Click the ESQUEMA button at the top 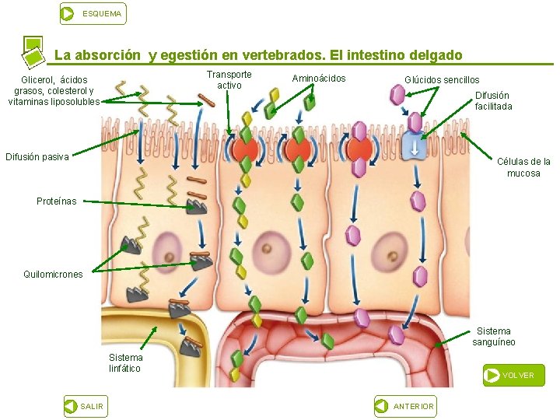[93, 13]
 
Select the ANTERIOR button [405, 406]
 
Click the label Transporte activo [229, 79]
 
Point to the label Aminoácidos [319, 79]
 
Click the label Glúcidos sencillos [442, 79]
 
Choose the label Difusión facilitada [493, 101]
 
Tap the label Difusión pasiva [37, 157]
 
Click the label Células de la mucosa [523, 167]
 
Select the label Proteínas [57, 201]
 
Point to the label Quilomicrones [53, 275]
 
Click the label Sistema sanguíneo [494, 337]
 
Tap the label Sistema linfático [125, 363]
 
